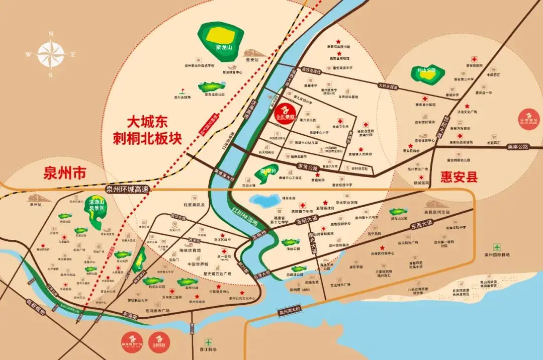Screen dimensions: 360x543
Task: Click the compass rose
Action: pos(51,54)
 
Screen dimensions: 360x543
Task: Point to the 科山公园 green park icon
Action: pos(427,74)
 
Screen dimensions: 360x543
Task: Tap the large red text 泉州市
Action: pos(65,174)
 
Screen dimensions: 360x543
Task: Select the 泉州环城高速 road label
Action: pos(128,190)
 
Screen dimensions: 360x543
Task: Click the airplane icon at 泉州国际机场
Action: pos(497,247)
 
